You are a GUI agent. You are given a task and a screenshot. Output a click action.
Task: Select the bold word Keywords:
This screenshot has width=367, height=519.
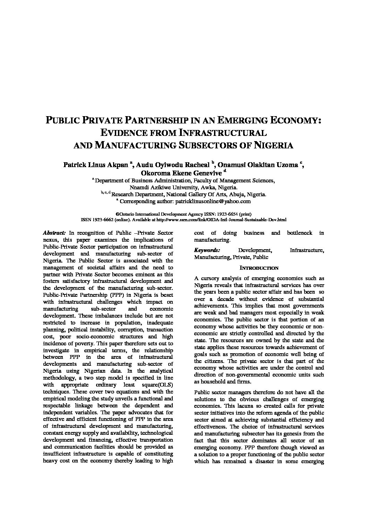(x=207, y=250)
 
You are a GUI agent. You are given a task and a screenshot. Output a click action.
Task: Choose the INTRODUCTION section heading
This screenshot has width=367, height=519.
(x=259, y=268)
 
